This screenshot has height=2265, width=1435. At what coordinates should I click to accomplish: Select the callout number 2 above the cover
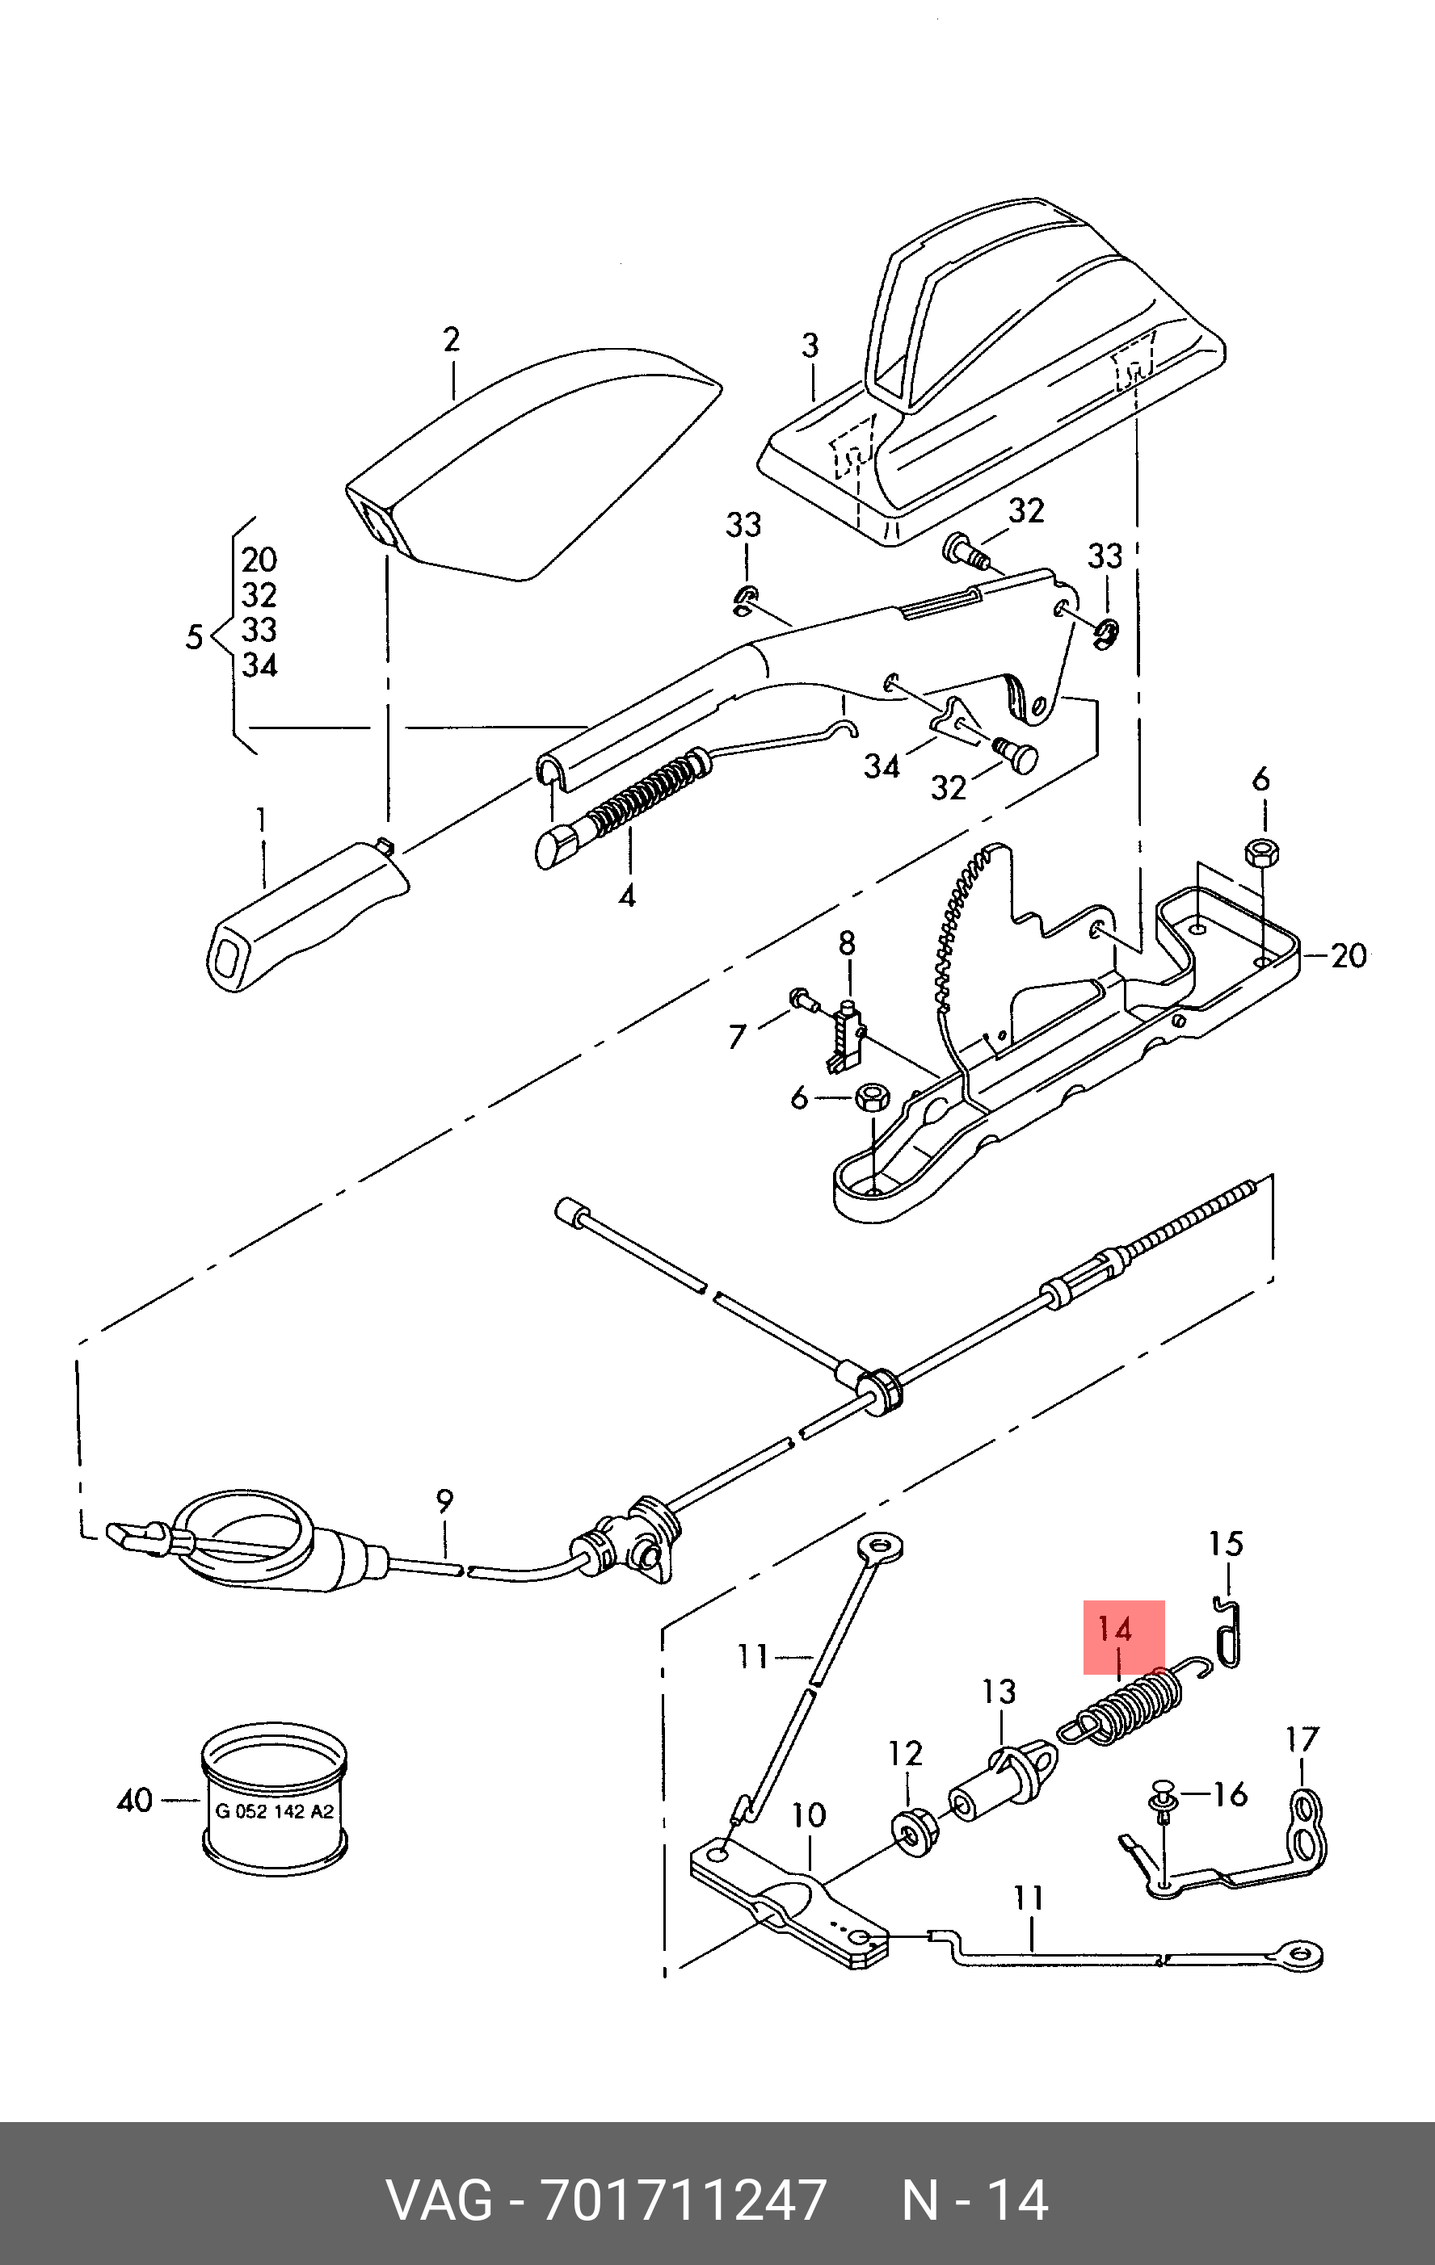click(452, 340)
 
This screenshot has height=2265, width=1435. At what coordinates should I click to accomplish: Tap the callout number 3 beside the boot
click(810, 347)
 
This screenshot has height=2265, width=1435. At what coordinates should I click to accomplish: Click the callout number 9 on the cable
click(444, 1502)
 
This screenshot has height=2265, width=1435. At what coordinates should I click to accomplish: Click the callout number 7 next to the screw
click(737, 1037)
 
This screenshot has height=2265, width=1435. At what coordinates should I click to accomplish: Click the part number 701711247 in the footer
click(684, 2201)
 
